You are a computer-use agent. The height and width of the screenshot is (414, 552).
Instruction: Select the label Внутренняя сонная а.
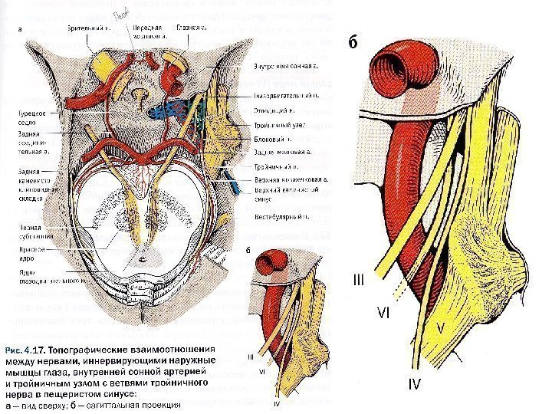[287, 67]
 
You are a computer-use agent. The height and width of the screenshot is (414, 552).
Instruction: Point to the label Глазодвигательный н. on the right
[287, 97]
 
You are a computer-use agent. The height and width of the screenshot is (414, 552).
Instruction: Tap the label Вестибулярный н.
[281, 217]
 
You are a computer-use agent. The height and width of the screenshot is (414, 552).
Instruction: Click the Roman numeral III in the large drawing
[359, 282]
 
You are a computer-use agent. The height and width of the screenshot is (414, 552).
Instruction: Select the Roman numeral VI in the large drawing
[385, 314]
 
